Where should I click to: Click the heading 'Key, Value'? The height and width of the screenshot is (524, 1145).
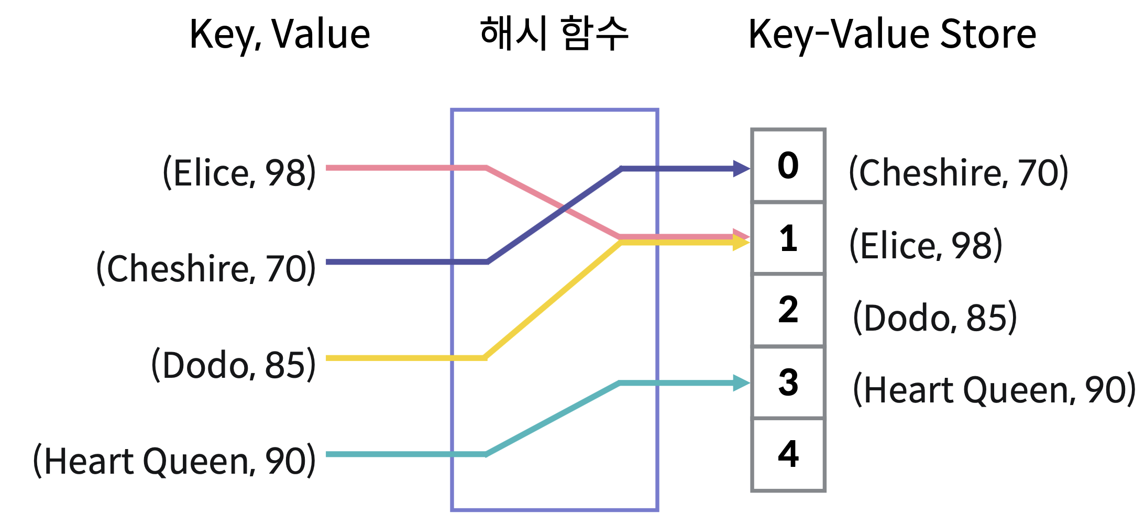pyautogui.click(x=280, y=35)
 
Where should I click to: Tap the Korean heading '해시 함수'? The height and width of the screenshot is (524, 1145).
pyautogui.click(x=554, y=34)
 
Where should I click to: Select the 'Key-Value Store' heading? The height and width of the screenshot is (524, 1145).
pyautogui.click(x=892, y=35)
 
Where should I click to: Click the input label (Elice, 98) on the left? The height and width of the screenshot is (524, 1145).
pyautogui.click(x=239, y=172)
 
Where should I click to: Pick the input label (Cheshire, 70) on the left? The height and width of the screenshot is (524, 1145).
pyautogui.click(x=206, y=268)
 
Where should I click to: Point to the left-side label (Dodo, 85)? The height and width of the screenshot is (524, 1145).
pyautogui.click(x=234, y=364)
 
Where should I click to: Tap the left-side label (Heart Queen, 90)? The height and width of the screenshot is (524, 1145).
pyautogui.click(x=174, y=461)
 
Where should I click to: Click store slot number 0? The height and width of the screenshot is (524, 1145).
pyautogui.click(x=788, y=166)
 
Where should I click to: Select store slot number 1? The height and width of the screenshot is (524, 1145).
pyautogui.click(x=788, y=238)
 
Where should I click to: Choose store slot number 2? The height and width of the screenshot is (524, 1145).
pyautogui.click(x=788, y=310)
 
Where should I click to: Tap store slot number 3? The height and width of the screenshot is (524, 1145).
pyautogui.click(x=788, y=382)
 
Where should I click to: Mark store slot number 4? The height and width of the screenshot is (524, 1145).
pyautogui.click(x=788, y=454)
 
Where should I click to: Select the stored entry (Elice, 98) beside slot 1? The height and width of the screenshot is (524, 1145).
pyautogui.click(x=926, y=245)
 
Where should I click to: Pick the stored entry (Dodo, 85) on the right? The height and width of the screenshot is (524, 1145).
pyautogui.click(x=935, y=317)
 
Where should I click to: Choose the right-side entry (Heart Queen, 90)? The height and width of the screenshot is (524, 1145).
pyautogui.click(x=994, y=389)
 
